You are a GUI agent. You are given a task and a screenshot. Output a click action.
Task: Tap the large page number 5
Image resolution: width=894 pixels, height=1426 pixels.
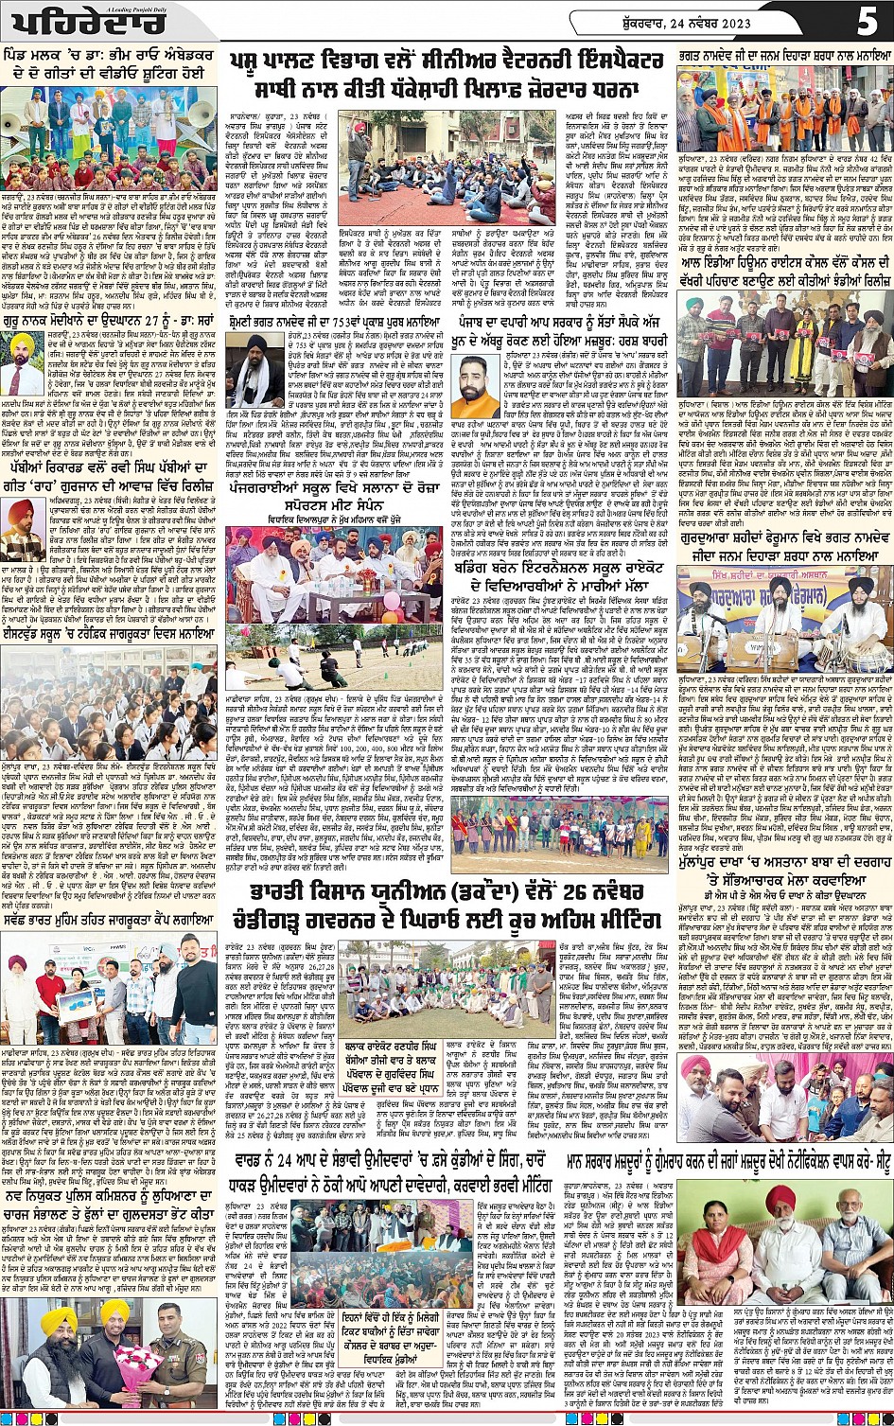[867, 20]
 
